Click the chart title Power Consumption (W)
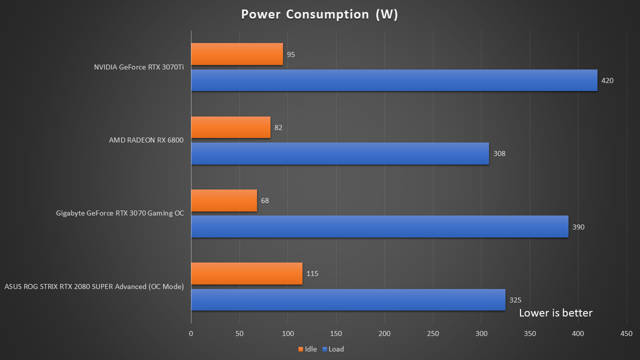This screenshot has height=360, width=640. pos(319,14)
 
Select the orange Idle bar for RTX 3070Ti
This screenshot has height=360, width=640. pos(237,54)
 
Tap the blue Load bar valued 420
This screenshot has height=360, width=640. pos(394,80)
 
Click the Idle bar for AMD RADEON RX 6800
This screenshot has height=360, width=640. pos(230,127)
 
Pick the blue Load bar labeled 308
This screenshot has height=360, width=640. pos(340,153)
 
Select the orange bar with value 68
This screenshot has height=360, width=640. pos(224,200)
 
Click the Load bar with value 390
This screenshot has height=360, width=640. pos(379,226)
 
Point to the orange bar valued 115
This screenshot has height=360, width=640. pos(246,273)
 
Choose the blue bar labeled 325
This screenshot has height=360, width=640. pos(348,300)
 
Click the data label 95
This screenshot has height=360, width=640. pos(291,54)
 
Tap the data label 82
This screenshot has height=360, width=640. pos(278,127)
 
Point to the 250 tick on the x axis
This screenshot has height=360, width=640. pos(433,333)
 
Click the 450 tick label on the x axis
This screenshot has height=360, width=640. pos(626,333)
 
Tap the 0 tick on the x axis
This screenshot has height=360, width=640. pos(191,333)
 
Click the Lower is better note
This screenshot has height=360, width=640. pos(555,313)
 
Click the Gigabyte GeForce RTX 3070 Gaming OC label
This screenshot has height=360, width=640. pos(120,213)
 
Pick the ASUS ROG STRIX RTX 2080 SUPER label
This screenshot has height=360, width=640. pos(94,286)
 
